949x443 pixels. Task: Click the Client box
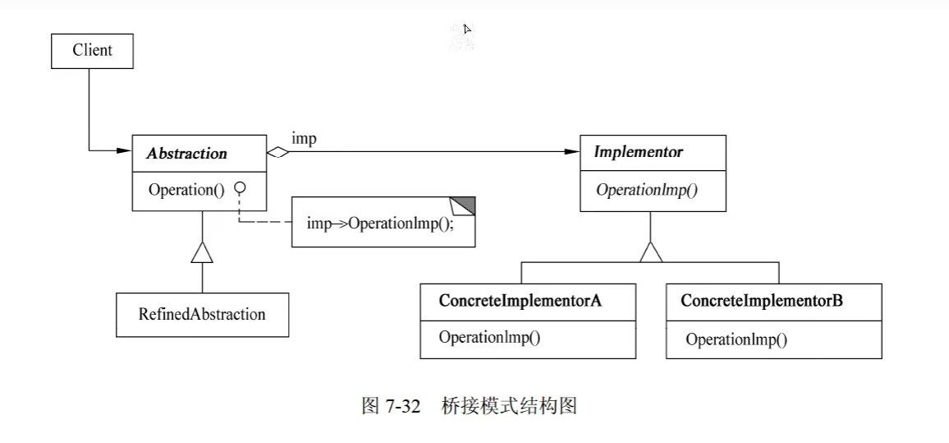[x=92, y=50]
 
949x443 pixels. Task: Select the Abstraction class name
[x=187, y=153]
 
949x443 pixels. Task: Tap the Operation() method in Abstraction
[x=186, y=190]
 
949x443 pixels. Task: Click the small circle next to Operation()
[x=240, y=188]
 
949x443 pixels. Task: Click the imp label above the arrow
[x=304, y=139]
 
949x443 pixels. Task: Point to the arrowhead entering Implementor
[x=572, y=152]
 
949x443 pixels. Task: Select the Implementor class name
[x=638, y=152]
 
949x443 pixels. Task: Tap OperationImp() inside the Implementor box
[x=646, y=190]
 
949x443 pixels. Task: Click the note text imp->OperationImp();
[x=379, y=224]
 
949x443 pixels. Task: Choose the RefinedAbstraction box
[x=202, y=314]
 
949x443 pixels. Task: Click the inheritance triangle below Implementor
[x=651, y=251]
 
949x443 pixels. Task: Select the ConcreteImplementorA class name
[x=520, y=301]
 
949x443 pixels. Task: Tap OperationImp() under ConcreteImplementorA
[x=489, y=337]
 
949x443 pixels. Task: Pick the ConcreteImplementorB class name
[x=761, y=301]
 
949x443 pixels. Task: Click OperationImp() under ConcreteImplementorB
[x=736, y=339]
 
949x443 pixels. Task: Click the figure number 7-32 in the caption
[x=402, y=406]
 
